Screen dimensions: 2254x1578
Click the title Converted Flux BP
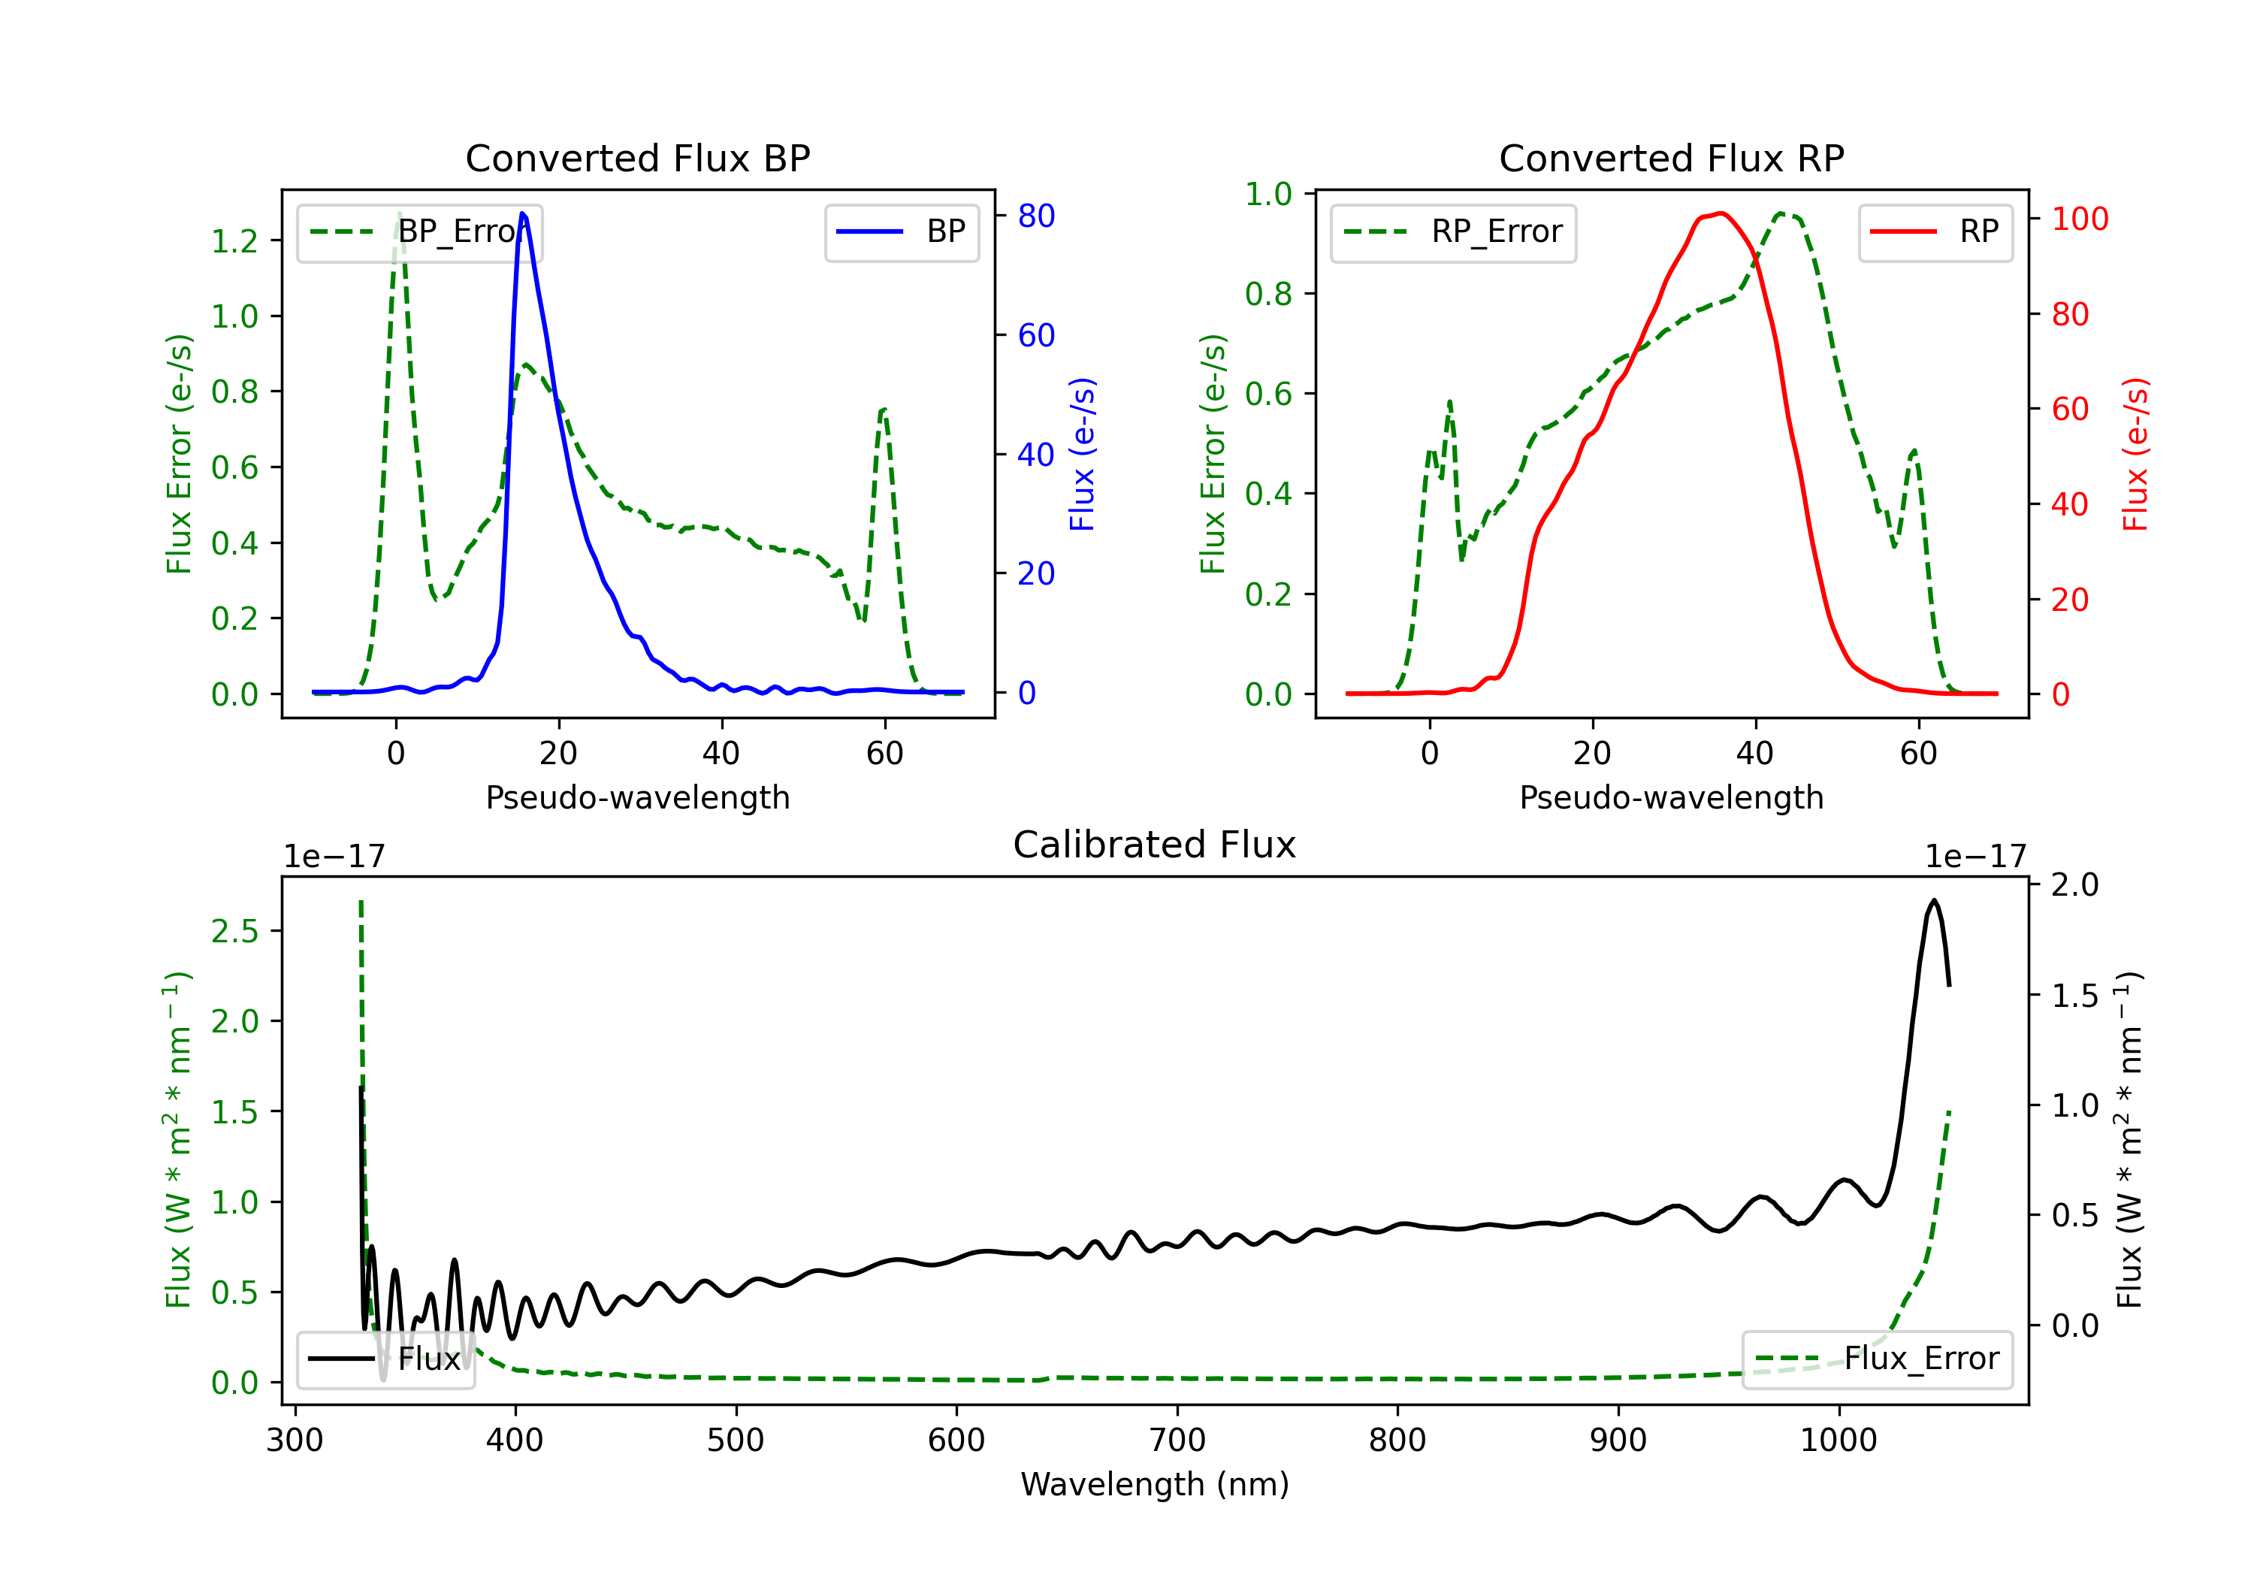637,158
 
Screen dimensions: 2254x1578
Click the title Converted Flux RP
1671,158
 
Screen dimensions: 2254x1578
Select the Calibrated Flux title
1155,845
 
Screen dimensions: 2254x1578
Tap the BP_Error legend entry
420,231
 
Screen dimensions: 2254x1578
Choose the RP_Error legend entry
1454,231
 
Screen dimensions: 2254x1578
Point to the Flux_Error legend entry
1877,1359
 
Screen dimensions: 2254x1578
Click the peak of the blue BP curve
522,213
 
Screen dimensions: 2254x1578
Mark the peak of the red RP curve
1721,213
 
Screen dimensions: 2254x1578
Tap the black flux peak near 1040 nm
1934,899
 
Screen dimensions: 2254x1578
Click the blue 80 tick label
1037,216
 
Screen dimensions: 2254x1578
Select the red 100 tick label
2080,219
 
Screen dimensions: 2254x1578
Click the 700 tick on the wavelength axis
1177,1440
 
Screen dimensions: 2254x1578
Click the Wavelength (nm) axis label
1155,1485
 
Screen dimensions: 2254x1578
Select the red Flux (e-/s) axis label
2136,454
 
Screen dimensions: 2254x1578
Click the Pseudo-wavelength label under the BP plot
637,797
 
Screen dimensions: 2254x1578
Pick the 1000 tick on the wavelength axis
1839,1440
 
